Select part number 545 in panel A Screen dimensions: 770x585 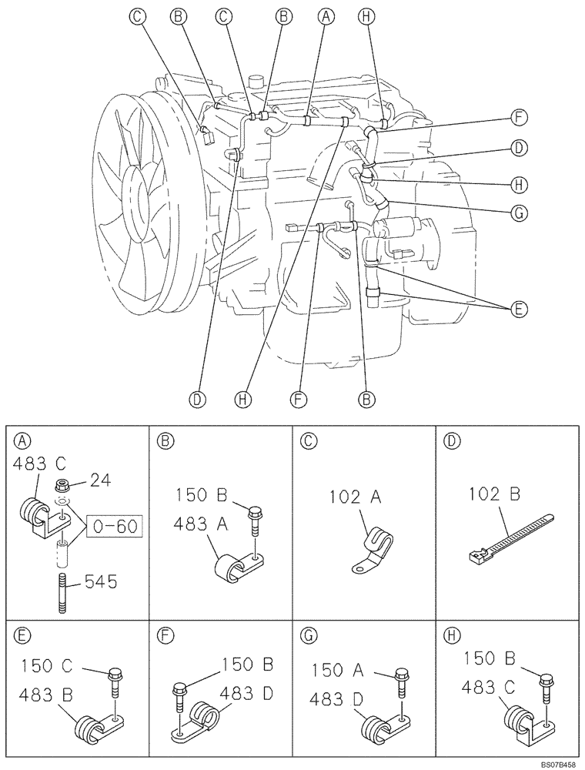click(x=100, y=582)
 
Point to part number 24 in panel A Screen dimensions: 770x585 click(x=100, y=480)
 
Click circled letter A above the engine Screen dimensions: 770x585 click(x=328, y=15)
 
